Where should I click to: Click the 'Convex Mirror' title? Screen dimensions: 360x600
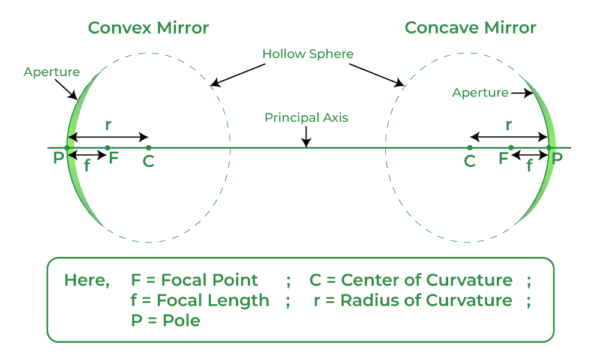148,28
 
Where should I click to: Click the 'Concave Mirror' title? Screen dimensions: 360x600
470,28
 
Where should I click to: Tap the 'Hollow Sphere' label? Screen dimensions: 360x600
308,54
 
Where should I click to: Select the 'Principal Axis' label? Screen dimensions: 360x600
306,118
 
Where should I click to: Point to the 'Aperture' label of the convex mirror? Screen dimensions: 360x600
52,72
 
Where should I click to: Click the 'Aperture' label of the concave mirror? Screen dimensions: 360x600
480,93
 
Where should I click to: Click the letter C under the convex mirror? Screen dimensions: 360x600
148,162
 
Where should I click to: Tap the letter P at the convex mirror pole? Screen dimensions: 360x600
58,159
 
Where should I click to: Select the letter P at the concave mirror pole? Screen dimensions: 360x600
557,159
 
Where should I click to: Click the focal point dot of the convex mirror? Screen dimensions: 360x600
107,148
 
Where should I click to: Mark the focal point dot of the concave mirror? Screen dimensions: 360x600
511,148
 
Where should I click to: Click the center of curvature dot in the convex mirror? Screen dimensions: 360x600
148,148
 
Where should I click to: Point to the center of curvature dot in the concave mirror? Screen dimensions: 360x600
470,148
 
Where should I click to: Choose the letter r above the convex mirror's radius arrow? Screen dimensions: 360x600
108,126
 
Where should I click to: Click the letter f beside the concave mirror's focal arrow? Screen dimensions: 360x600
529,167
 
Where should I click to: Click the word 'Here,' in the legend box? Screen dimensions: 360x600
86,280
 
